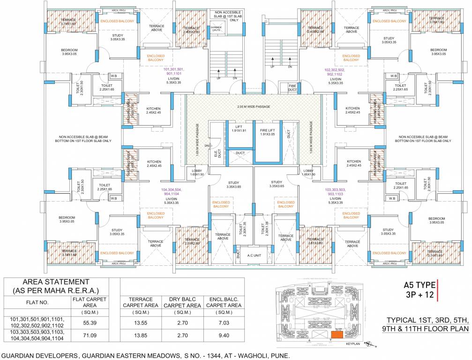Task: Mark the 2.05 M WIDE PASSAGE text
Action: point(254,107)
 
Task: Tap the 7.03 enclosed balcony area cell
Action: point(224,323)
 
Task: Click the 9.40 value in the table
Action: point(224,336)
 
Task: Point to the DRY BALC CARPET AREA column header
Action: point(179,302)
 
